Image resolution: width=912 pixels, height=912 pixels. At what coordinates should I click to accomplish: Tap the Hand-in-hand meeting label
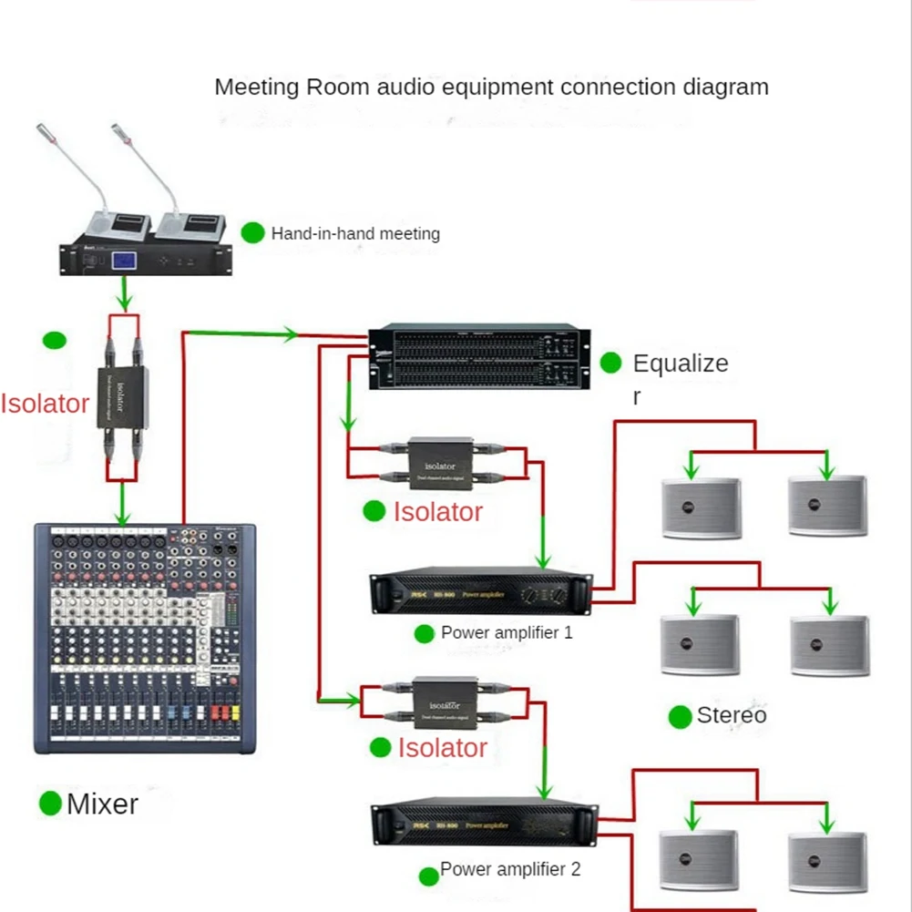point(355,234)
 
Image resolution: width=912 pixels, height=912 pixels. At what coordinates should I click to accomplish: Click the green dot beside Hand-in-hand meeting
point(252,233)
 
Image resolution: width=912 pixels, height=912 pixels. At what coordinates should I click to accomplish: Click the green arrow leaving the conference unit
point(125,294)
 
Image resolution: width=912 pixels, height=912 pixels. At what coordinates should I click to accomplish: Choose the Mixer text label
point(102,804)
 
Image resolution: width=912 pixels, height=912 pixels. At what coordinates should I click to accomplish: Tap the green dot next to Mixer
point(50,804)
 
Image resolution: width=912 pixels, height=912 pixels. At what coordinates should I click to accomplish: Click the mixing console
point(144,638)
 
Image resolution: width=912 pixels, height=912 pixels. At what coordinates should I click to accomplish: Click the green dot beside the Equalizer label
point(610,364)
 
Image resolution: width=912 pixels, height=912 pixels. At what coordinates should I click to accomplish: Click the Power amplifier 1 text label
point(507,632)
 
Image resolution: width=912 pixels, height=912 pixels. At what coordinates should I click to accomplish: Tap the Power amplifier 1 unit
point(480,594)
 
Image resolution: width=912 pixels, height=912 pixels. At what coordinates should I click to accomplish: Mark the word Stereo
point(732,716)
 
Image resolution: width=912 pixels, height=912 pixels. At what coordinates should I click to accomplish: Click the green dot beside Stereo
point(680,717)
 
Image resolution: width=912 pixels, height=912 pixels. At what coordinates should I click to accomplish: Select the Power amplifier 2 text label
point(510,869)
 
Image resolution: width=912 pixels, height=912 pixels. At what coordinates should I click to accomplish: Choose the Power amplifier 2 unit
point(483,825)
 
